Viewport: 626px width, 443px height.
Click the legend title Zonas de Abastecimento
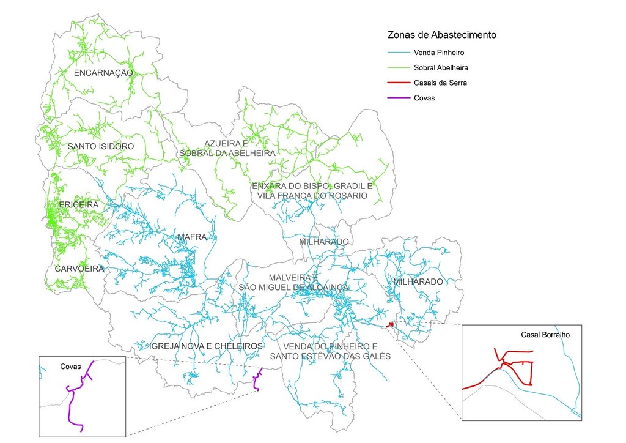point(442,35)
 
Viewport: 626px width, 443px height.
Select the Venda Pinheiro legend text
point(438,53)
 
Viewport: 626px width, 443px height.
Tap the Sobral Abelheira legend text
point(441,67)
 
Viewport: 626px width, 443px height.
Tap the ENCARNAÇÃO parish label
point(103,73)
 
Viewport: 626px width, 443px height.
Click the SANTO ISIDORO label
point(101,147)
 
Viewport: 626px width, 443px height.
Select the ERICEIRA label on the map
point(79,204)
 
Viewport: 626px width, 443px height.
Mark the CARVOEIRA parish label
point(79,269)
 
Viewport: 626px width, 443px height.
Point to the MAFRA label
point(193,237)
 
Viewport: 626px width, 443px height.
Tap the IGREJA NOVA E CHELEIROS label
point(206,346)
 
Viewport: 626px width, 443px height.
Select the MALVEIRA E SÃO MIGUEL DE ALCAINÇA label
point(293,282)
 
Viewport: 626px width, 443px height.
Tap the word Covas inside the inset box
point(71,366)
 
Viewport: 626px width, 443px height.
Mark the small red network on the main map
point(390,326)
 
